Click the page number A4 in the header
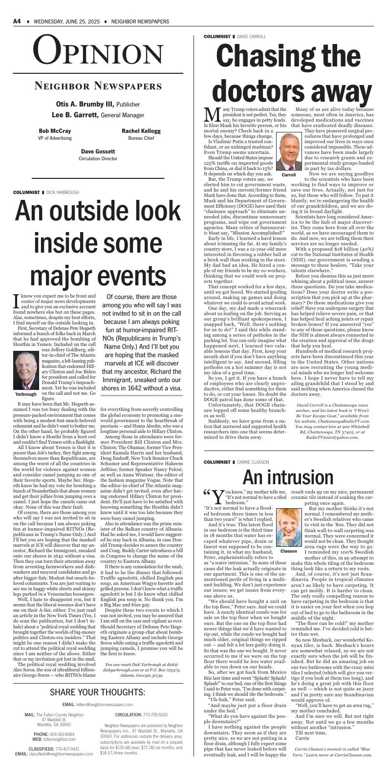pos(17,21)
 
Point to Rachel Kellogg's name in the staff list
pos(141,131)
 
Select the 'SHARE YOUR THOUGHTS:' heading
pos(98,692)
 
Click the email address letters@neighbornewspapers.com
pos(105,705)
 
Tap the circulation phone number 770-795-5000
pos(155,714)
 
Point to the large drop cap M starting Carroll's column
pos(212,115)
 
